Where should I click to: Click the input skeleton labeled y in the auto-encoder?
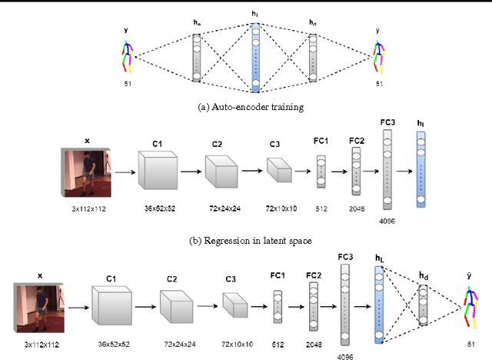(128, 56)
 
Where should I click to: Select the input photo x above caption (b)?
(87, 172)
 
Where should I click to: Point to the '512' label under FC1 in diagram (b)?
(321, 208)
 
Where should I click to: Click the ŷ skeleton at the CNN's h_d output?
(471, 303)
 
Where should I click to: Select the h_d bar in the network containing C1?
(424, 303)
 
